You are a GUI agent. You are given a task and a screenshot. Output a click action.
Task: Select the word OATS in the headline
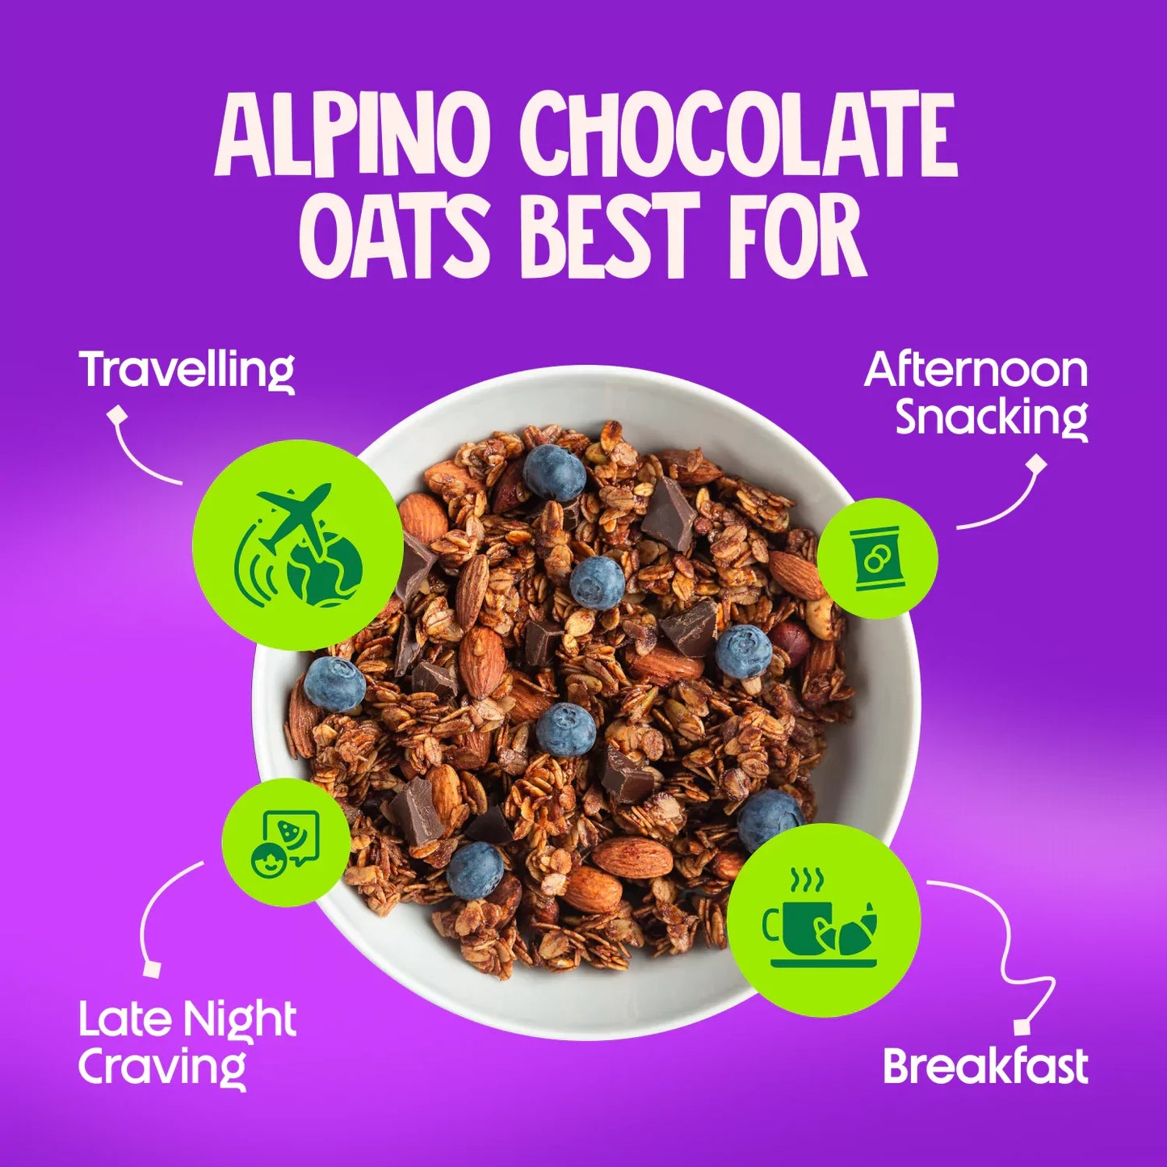395,236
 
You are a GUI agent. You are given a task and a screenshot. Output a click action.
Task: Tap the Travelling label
187,371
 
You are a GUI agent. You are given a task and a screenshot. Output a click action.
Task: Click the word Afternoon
976,370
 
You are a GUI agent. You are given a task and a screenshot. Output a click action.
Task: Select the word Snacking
992,418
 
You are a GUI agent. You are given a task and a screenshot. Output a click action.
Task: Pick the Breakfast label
985,1066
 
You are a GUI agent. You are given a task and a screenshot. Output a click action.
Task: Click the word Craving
162,1068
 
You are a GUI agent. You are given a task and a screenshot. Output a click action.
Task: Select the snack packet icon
875,558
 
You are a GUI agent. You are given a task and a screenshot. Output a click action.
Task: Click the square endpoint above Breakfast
1023,1026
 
